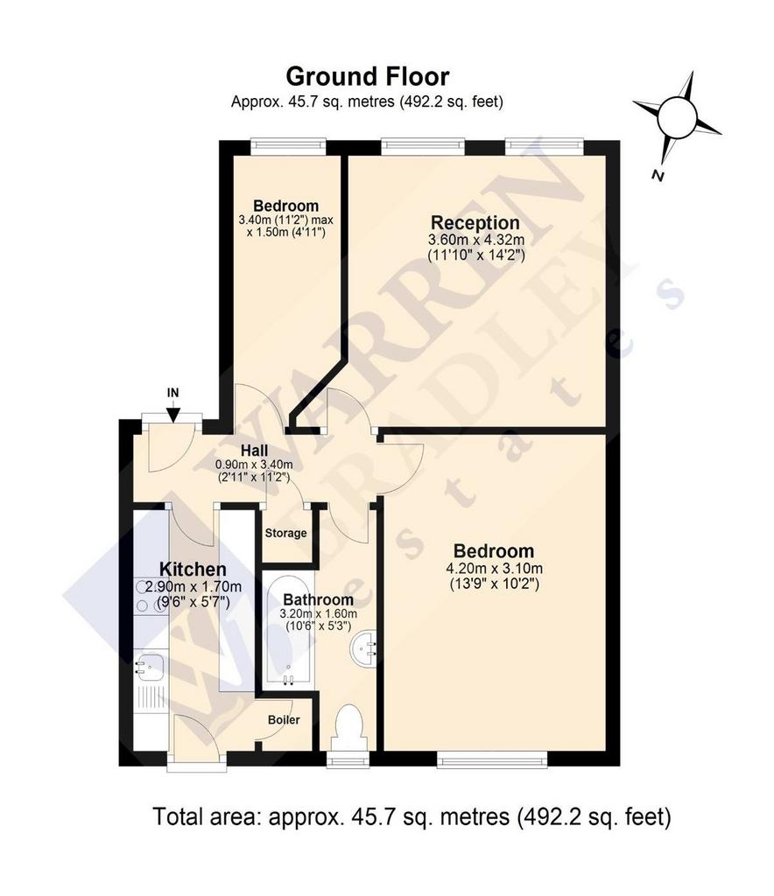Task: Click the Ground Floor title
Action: coord(368,77)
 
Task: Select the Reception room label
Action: coord(475,222)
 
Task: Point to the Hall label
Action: coord(254,451)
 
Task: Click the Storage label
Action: coord(285,533)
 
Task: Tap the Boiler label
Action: coord(284,720)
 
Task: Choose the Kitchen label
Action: coord(193,569)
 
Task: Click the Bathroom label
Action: coord(319,600)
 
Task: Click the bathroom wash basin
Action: coord(363,648)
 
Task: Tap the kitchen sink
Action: coord(150,667)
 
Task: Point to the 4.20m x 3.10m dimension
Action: coord(494,569)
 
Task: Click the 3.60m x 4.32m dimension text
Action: coord(476,239)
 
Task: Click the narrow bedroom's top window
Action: coord(289,146)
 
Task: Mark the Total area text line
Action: coord(412,816)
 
